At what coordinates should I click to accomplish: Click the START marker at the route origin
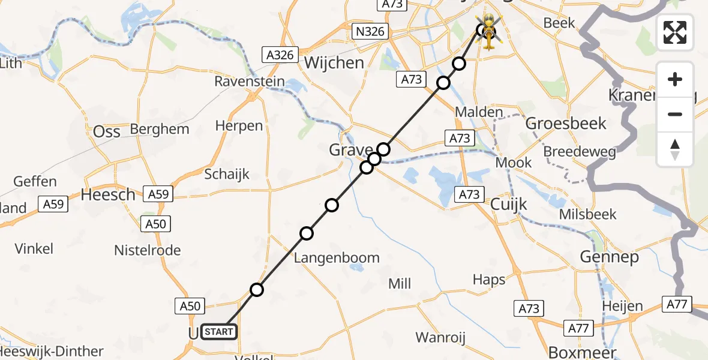click(x=219, y=331)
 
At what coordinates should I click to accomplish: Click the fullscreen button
click(x=675, y=32)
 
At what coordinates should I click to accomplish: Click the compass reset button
click(x=675, y=149)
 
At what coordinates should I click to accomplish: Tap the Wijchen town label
click(x=334, y=63)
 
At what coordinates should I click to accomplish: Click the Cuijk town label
click(x=509, y=205)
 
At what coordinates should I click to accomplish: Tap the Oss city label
click(x=107, y=131)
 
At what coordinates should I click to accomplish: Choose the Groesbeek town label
click(x=566, y=124)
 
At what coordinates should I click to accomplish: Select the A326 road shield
click(x=280, y=55)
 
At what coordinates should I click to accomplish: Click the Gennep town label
click(x=609, y=257)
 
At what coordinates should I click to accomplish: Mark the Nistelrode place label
click(x=148, y=250)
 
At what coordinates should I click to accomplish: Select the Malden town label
click(x=479, y=112)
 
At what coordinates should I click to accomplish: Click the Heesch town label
click(x=108, y=194)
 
